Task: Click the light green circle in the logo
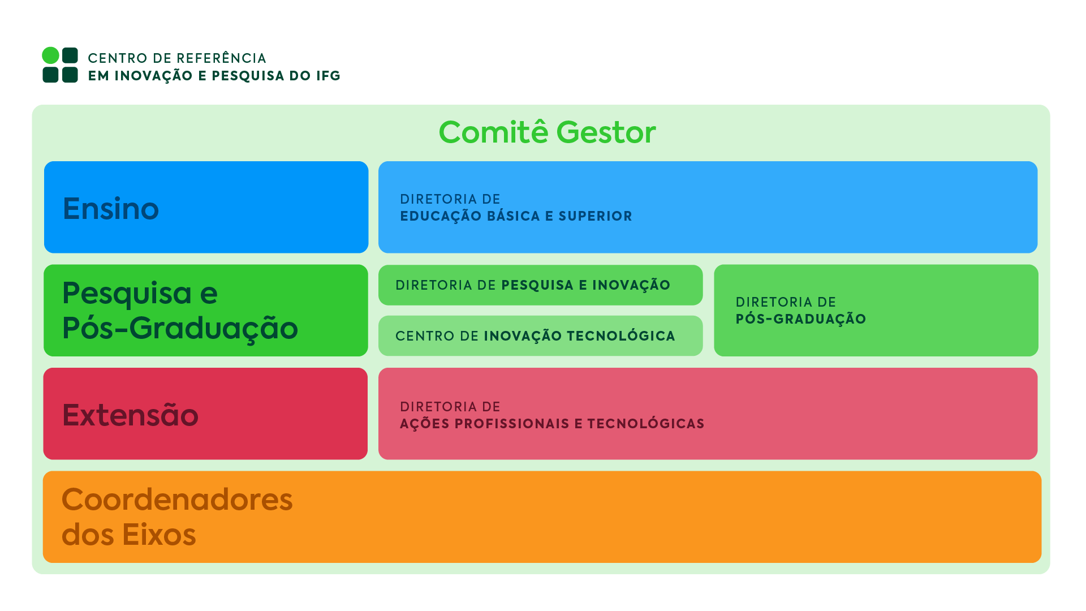[50, 55]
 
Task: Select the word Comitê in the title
[493, 132]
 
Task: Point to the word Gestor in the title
[606, 132]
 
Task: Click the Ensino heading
[111, 208]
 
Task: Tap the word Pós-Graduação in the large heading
[180, 328]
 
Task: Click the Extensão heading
[130, 415]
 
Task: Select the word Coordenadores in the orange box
[177, 500]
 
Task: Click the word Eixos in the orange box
[159, 535]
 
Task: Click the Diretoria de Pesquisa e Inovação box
[540, 285]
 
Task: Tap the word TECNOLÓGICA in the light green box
[620, 336]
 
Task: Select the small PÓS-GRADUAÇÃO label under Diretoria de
[800, 319]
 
